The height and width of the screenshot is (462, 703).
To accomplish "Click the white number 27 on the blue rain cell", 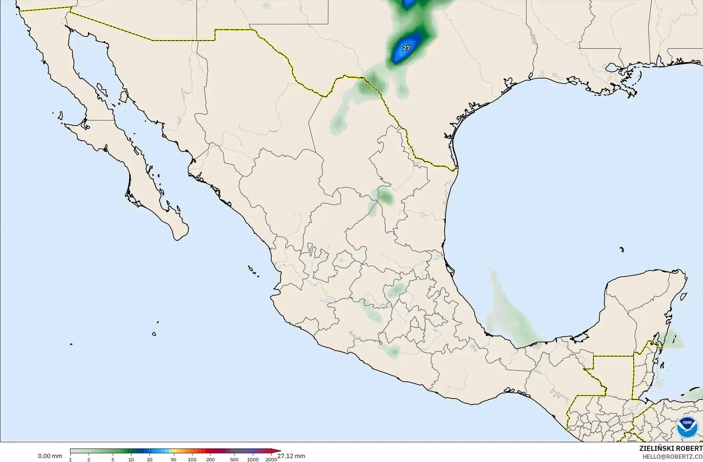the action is point(406,48).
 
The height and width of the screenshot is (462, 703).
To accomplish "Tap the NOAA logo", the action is point(687,428).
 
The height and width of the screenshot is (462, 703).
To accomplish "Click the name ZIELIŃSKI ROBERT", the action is point(671,449).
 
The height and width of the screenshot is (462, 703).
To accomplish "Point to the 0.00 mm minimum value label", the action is point(50,456).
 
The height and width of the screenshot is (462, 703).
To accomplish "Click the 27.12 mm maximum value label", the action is point(291,456).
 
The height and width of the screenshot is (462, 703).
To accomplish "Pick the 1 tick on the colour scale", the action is point(70,459).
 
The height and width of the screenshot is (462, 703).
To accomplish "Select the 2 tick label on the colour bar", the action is point(89,459).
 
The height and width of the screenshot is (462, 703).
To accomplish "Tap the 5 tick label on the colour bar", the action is point(113,459).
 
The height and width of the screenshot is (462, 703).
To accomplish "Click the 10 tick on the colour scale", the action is point(131,459).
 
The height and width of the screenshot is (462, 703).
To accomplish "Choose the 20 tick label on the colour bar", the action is point(149,459).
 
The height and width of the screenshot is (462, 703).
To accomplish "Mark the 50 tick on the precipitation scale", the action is point(174,459).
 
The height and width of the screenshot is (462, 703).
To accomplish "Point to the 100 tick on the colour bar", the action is point(192,459).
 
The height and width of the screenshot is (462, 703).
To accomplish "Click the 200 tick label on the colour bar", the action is point(210,459).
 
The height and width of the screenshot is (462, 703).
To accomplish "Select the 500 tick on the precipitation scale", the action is point(234,459).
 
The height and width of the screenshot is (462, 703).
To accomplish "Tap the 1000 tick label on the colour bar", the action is point(253,459).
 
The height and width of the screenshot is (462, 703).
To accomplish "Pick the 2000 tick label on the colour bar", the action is point(271,459).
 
